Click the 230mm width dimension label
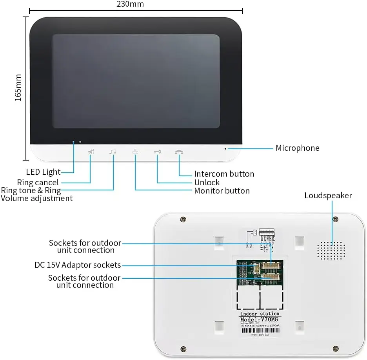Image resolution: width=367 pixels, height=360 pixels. click(x=130, y=4)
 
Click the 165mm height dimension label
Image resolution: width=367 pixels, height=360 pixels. click(x=18, y=88)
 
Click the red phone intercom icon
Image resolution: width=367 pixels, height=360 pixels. click(x=179, y=152)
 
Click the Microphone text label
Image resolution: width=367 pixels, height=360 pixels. click(x=297, y=148)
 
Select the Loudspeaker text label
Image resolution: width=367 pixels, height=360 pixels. click(x=328, y=196)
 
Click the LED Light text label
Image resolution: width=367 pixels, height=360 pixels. click(x=44, y=172)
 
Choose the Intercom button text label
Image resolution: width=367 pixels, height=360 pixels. click(x=224, y=174)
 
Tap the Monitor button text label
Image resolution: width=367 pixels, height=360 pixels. click(x=222, y=191)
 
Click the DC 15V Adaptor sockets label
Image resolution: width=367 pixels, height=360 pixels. click(x=78, y=265)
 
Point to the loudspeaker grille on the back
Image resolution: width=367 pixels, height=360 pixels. click(x=331, y=251)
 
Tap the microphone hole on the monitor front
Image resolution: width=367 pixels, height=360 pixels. click(x=225, y=149)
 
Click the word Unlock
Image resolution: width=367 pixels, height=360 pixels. click(x=207, y=183)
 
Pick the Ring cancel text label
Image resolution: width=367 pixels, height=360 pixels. click(x=38, y=183)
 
